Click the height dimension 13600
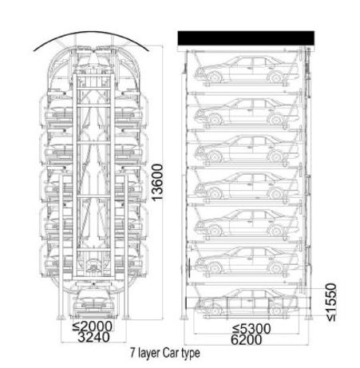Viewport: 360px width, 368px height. pos(157,182)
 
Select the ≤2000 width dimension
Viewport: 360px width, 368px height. pos(93,326)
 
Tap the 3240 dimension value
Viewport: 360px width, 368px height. pos(93,337)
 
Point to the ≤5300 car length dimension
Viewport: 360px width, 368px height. pos(251,329)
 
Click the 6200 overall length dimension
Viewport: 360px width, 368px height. pos(246,340)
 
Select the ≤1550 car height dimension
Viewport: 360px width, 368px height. pos(331,303)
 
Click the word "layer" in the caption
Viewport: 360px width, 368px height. pos(149,354)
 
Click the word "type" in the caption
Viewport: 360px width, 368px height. pos(191,354)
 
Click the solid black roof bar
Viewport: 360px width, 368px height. pos(246,38)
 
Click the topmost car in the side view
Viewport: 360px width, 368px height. pos(247,69)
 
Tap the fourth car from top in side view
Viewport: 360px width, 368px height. pos(247,185)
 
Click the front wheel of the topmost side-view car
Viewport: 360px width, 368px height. pos(214,77)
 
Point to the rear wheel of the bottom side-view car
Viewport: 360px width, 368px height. pos(275,310)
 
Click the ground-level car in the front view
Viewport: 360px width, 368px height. pos(93,303)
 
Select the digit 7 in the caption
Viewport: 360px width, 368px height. pos(133,353)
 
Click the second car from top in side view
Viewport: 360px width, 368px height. pos(247,112)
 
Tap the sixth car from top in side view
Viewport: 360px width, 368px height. pos(247,260)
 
